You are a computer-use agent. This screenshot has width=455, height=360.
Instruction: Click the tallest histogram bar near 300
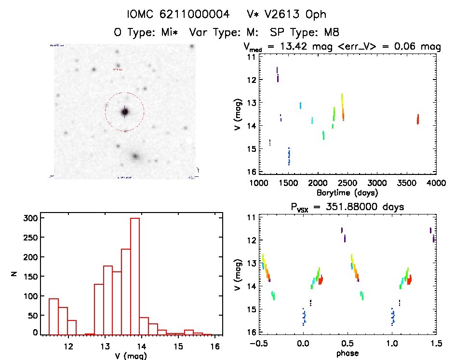tap(135, 276)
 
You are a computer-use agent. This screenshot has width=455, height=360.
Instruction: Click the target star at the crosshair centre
tap(125, 112)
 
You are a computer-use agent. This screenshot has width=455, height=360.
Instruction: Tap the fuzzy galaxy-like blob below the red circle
tap(135, 157)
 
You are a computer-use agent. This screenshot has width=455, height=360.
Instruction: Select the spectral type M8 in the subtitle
tap(332, 33)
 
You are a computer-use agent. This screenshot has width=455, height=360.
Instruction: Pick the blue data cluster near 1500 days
tap(289, 156)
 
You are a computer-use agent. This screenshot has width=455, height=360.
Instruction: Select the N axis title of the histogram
tap(14, 275)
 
